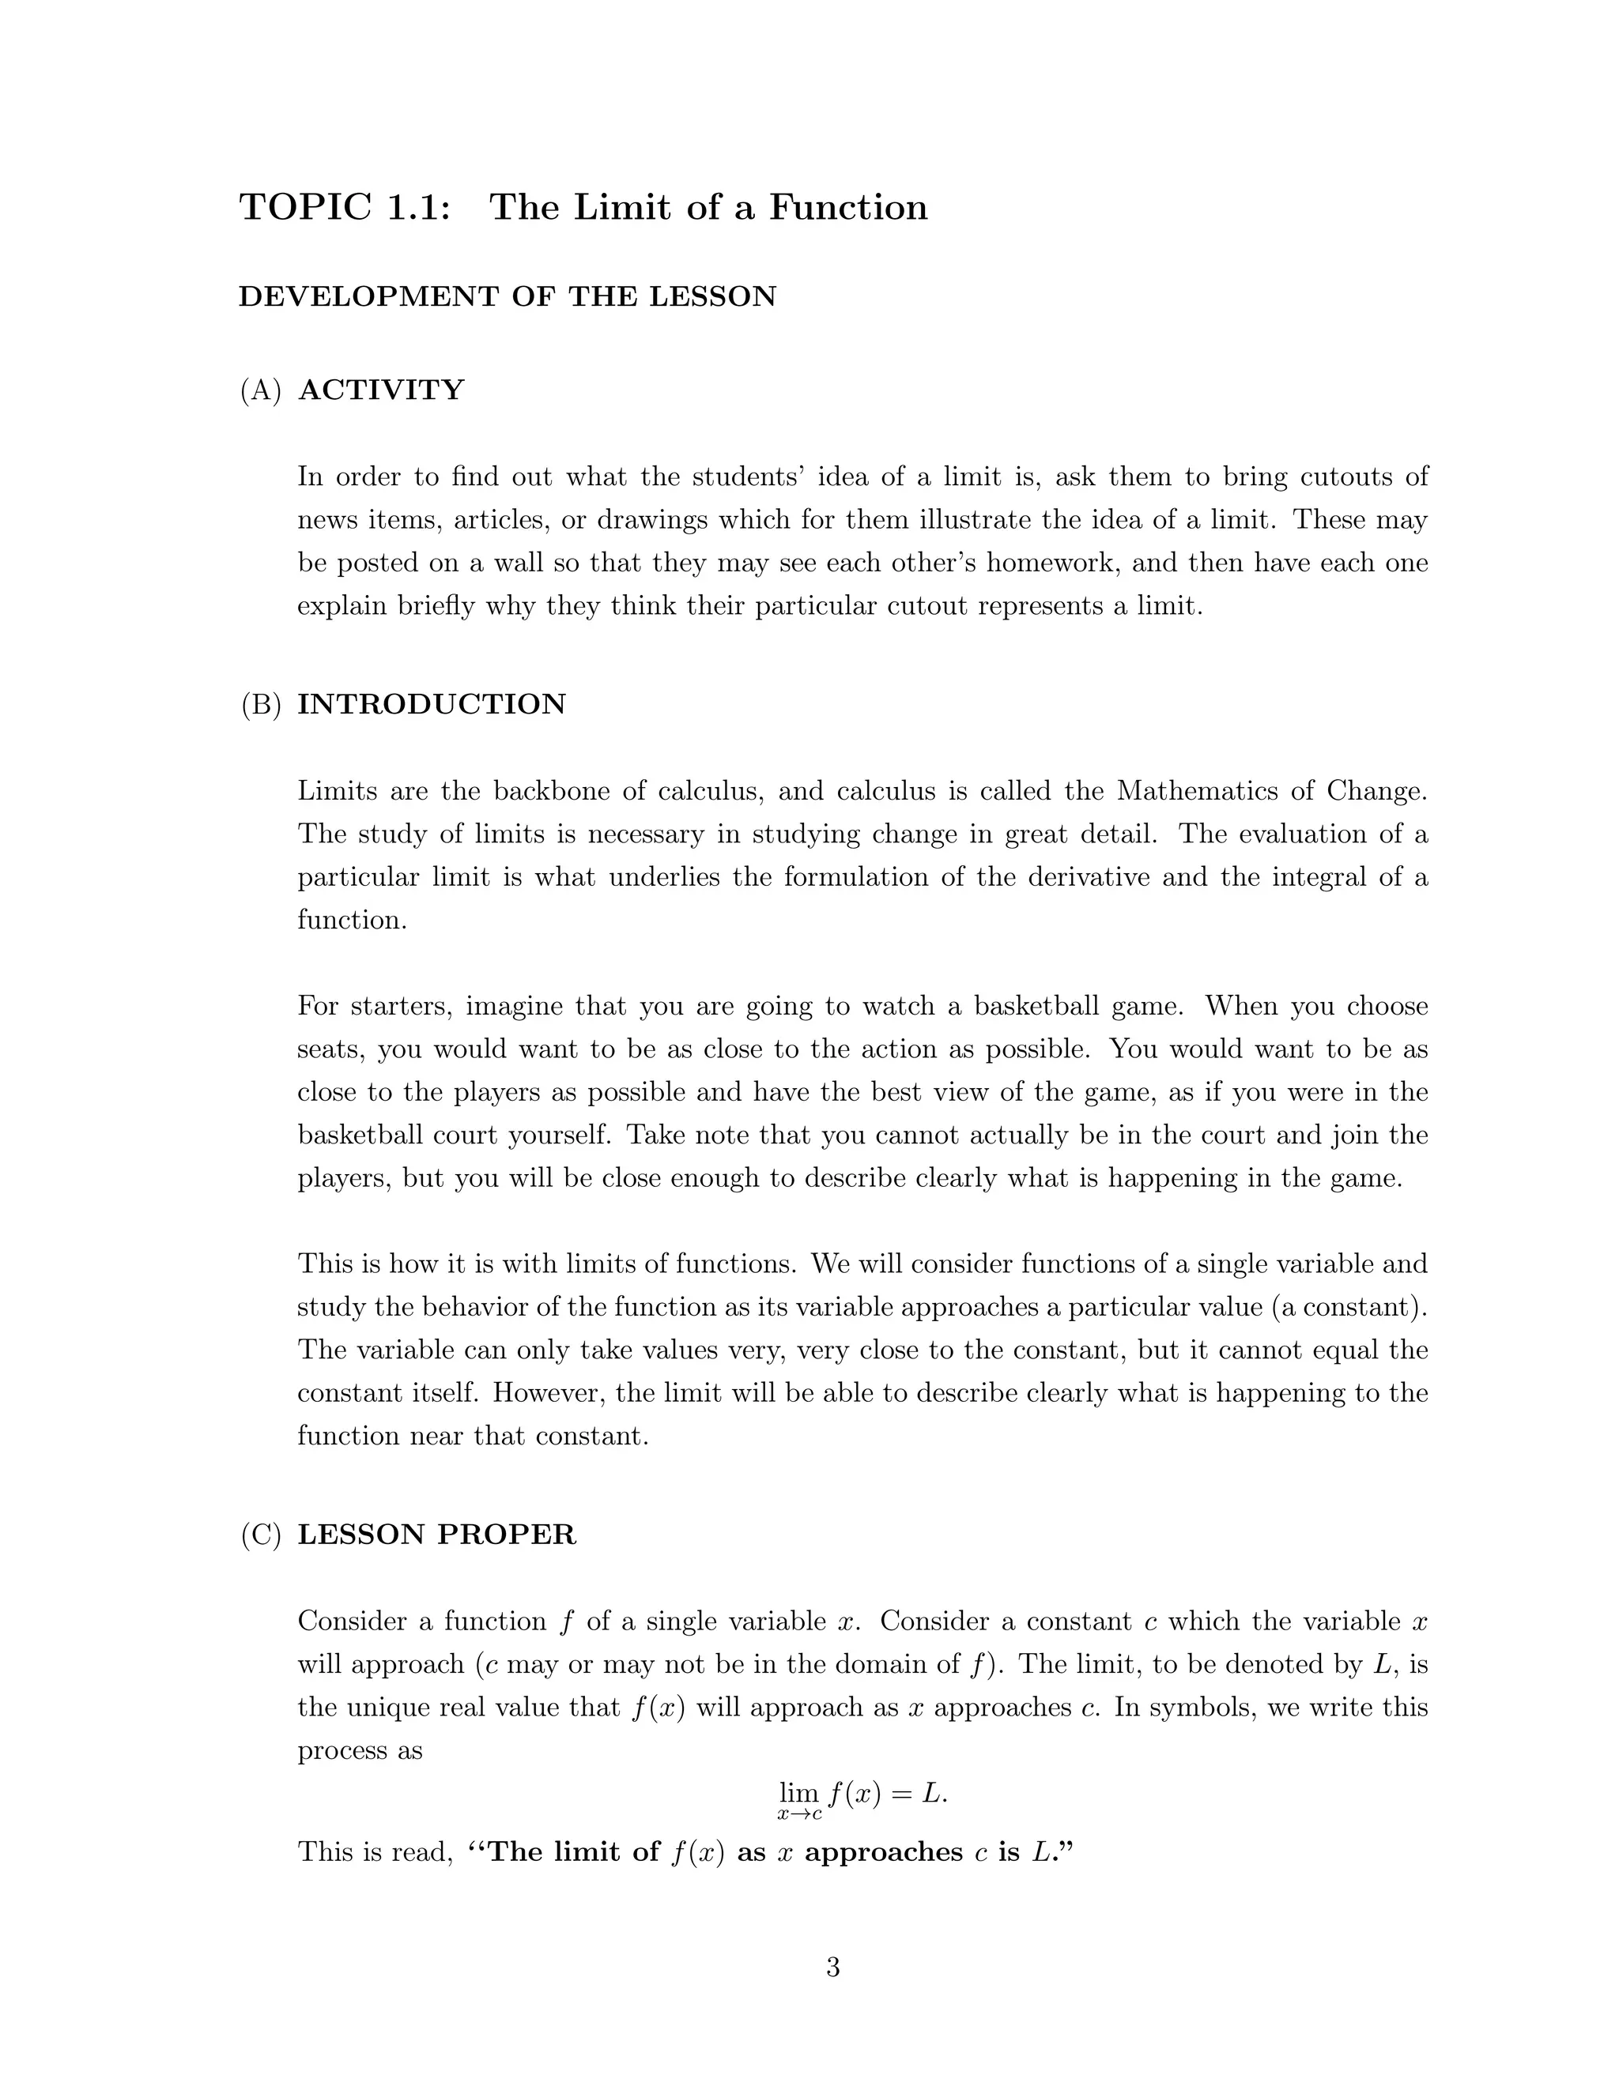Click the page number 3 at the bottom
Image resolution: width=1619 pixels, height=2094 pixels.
click(832, 1968)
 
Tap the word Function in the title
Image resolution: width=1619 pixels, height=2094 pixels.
click(848, 208)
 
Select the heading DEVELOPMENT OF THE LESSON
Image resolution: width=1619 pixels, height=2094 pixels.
click(508, 296)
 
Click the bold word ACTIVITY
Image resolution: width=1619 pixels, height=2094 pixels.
click(382, 390)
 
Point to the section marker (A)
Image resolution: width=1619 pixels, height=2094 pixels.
click(261, 390)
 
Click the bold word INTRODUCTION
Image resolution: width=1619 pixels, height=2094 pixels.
click(432, 704)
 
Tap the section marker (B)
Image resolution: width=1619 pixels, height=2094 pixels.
click(261, 704)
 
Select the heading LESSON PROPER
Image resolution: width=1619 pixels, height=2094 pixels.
click(436, 1534)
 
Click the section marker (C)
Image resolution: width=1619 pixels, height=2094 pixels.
click(261, 1534)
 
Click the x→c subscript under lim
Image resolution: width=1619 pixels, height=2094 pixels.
click(799, 1815)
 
